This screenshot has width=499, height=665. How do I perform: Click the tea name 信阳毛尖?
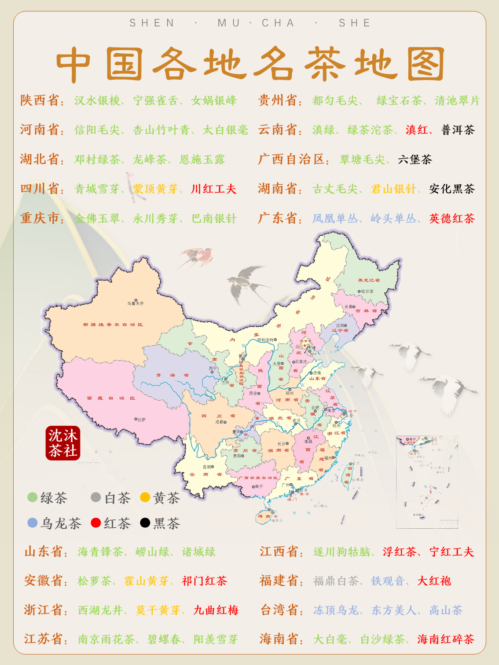97,130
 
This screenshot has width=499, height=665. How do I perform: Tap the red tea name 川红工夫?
213,189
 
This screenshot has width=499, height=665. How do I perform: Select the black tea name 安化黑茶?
452,189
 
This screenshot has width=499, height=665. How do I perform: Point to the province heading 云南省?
278,130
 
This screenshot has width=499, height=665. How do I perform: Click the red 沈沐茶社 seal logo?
63,443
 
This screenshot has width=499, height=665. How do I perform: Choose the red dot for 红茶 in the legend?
95,522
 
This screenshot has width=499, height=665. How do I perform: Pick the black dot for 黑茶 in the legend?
145,522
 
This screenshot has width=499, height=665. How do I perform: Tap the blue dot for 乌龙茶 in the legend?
32,522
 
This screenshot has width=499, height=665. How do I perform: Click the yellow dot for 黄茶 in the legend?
145,497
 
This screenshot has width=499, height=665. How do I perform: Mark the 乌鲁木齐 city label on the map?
136,303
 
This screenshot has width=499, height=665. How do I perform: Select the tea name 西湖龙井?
100,610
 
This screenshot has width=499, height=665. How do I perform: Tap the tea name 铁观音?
388,581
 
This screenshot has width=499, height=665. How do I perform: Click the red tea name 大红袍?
434,581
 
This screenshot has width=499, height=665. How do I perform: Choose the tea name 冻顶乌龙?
336,610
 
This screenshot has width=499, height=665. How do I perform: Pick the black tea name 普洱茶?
458,130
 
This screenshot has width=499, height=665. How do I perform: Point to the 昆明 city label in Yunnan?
208,467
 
